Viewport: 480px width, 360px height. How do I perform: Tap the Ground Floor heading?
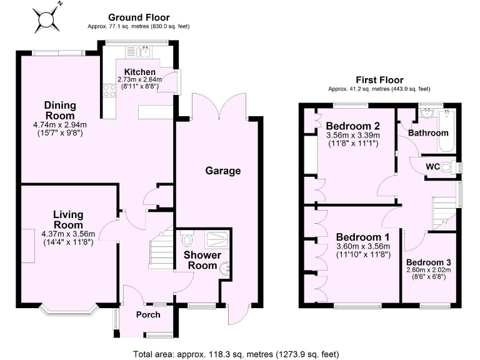tap(139, 17)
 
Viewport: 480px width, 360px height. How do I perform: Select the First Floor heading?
tap(379, 80)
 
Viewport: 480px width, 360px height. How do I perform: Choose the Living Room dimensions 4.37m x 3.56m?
tap(68, 234)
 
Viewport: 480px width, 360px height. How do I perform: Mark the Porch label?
tap(148, 315)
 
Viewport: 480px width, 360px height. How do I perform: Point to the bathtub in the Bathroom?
tap(447, 130)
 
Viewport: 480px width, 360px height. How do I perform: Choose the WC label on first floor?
tap(434, 167)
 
